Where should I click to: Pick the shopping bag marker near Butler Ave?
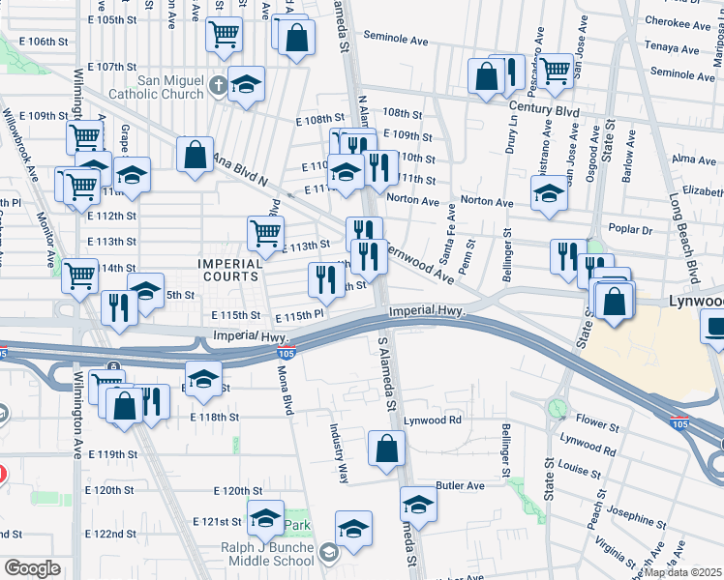[x=387, y=449]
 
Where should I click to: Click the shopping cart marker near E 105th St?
[x=225, y=35]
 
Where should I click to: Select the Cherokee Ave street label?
[x=679, y=22]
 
